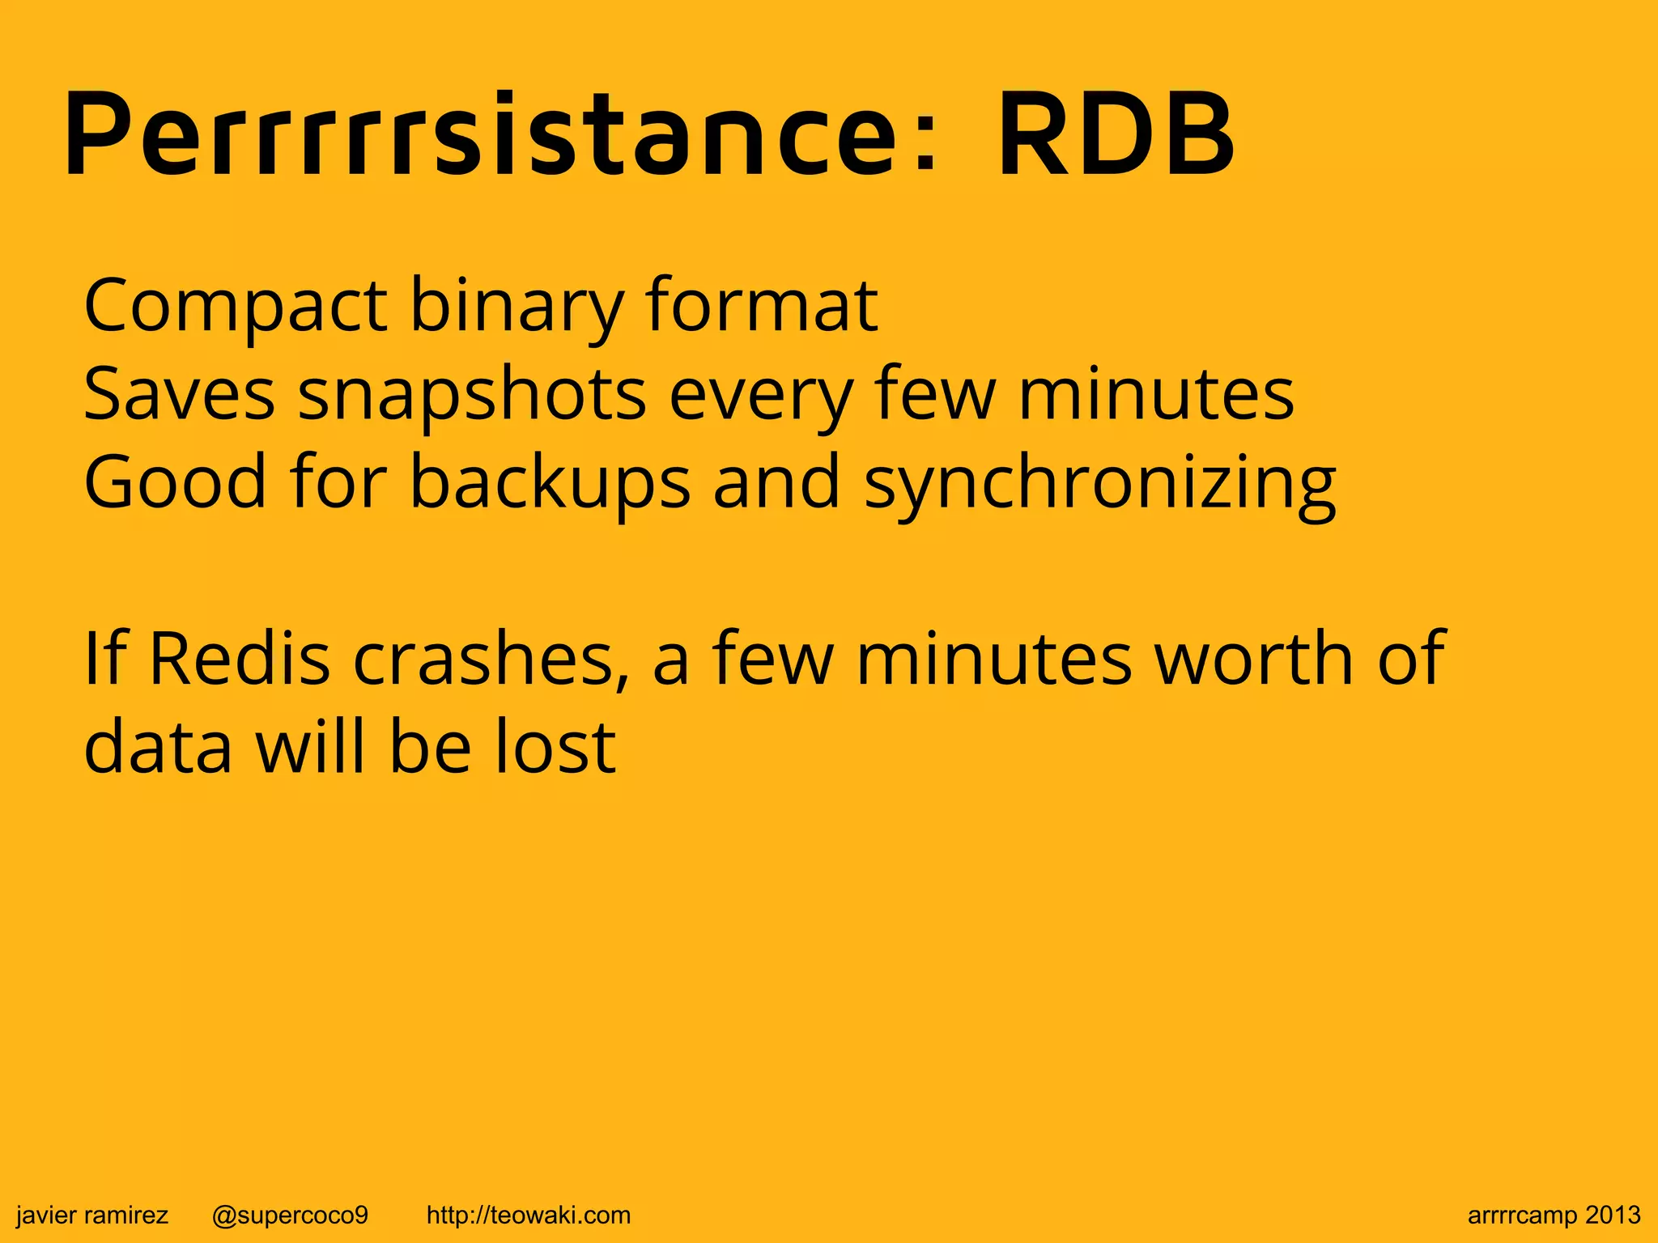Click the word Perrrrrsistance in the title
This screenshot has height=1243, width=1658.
point(500,136)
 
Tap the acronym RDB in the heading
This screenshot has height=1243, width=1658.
point(1116,136)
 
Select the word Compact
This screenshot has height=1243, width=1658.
point(236,307)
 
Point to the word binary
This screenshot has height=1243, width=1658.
point(517,307)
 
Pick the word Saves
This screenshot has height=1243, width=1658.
point(179,394)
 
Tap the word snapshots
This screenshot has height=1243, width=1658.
point(472,396)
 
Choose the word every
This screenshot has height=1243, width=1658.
point(760,396)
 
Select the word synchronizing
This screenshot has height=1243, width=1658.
point(1099,483)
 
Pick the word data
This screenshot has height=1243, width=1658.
point(158,746)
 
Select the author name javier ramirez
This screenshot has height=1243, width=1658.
point(92,1215)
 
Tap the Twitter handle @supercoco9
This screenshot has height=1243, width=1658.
point(290,1215)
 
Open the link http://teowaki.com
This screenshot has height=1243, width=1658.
point(528,1215)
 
